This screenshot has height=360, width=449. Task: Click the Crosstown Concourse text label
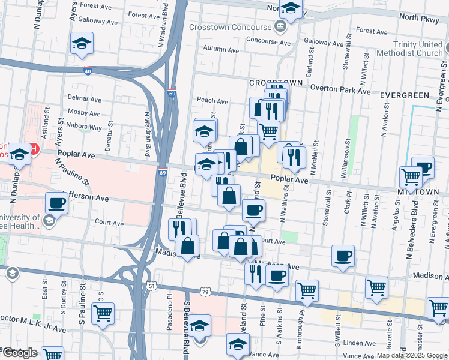(x=231, y=28)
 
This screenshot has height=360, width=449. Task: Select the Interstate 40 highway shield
(x=88, y=71)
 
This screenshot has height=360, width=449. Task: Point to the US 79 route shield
(x=205, y=292)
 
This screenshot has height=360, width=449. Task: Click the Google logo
(x=19, y=353)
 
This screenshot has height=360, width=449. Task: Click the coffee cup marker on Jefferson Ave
(x=56, y=203)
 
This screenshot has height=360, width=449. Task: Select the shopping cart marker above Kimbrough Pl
(x=307, y=289)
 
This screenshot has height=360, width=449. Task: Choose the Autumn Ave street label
(x=218, y=49)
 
